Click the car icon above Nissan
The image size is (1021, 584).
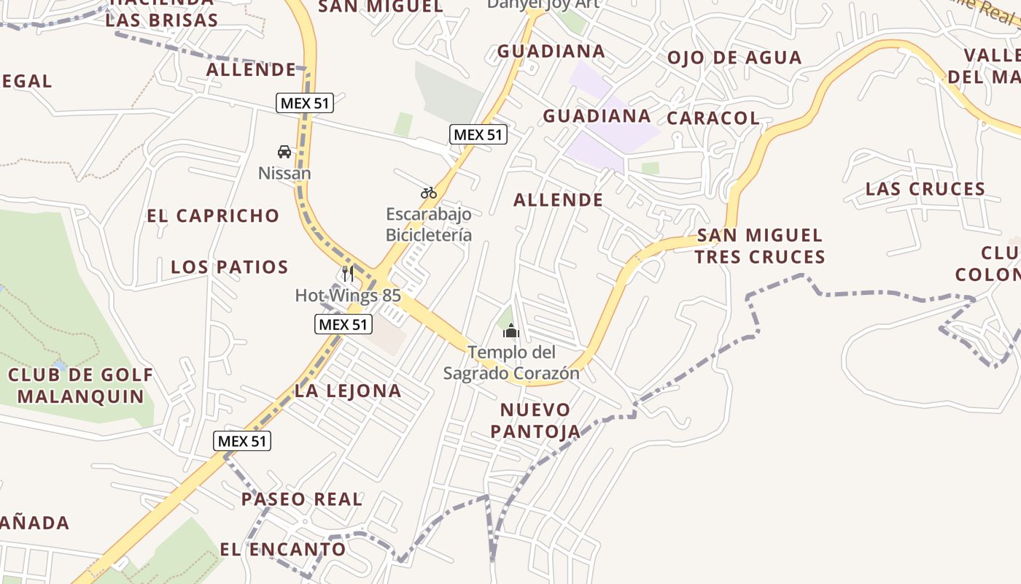284,152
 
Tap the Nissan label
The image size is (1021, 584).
284,174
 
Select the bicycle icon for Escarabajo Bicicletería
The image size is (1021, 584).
429,193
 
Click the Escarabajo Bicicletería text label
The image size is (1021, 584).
429,225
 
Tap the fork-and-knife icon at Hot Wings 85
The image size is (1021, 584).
348,274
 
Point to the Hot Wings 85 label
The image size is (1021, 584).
348,296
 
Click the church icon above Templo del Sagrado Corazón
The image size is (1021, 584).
510,331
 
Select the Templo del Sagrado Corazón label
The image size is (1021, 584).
511,363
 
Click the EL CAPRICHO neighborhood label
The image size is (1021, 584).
213,216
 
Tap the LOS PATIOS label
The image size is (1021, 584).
230,267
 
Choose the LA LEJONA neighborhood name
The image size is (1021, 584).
348,391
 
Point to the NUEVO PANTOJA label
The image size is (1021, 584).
535,420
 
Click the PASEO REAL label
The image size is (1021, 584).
302,499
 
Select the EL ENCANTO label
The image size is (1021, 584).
283,550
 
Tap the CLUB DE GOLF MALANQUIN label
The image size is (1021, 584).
81,386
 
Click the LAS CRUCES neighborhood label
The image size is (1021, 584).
925,190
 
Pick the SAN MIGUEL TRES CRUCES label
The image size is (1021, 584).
760,246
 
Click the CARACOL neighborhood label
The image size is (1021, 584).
713,118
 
